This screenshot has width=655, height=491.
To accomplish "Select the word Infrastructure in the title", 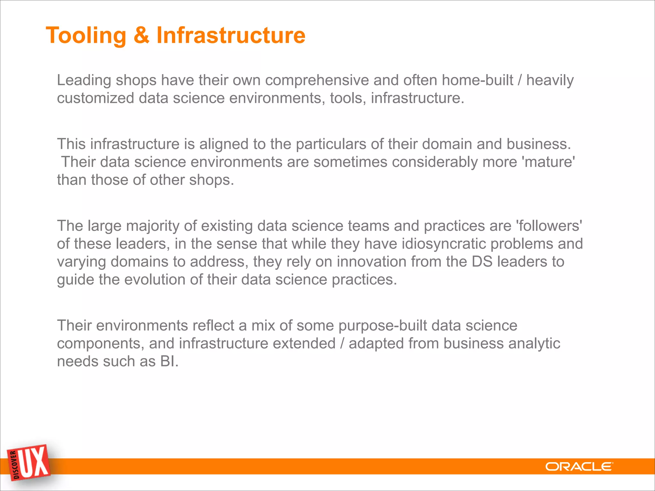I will (x=231, y=35).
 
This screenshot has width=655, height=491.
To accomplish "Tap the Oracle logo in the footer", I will (x=579, y=467).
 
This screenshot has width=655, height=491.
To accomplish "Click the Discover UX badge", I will (x=29, y=462).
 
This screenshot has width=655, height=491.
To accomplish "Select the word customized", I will (x=95, y=98).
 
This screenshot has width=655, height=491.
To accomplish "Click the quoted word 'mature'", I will (x=548, y=162).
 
